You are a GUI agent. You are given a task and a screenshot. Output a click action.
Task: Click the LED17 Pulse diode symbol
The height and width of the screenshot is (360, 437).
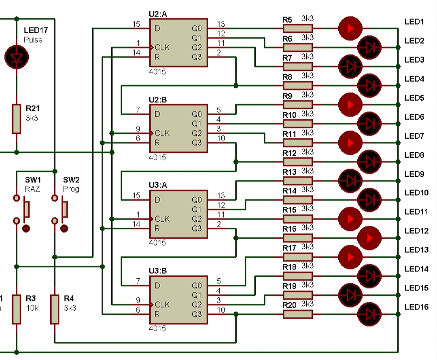(x=16, y=57)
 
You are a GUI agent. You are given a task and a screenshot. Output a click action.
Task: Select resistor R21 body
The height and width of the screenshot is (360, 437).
(x=16, y=119)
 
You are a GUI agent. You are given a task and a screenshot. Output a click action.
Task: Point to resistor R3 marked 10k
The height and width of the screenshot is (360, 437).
(x=16, y=309)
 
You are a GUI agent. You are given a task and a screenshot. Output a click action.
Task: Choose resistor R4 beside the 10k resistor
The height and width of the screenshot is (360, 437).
(x=54, y=309)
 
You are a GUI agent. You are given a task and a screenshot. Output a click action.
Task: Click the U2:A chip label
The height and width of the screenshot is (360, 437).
(x=158, y=14)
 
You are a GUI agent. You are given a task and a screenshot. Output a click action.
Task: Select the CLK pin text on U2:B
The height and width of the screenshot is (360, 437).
(x=162, y=133)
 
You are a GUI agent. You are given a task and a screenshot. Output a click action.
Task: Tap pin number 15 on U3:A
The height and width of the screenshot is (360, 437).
(x=136, y=196)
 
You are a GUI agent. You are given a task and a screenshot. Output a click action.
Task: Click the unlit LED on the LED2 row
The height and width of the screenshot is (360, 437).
(x=369, y=47)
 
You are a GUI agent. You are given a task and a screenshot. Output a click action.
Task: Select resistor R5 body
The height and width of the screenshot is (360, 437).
(x=297, y=28)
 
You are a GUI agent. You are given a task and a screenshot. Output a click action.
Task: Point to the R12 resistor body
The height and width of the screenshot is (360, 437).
(x=297, y=161)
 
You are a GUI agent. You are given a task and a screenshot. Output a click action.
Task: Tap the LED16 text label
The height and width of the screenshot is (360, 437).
(x=416, y=307)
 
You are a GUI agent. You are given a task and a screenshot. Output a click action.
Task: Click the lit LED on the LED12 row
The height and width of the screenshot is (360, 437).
(x=369, y=237)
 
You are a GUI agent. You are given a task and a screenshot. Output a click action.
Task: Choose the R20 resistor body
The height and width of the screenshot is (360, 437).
(x=297, y=314)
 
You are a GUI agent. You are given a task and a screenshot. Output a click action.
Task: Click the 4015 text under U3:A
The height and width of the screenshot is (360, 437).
(x=157, y=243)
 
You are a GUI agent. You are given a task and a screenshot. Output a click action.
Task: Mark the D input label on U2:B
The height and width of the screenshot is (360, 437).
(x=157, y=114)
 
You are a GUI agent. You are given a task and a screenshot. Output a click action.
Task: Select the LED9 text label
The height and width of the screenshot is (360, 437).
(x=414, y=174)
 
